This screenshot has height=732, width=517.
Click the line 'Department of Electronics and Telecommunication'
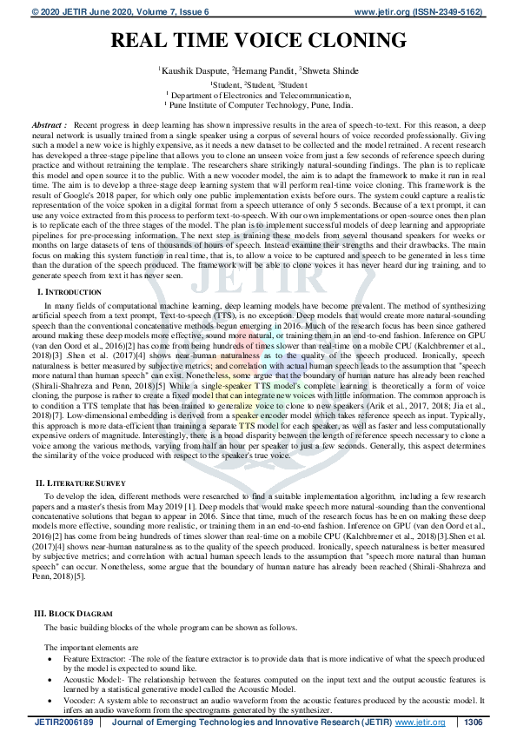coord(258,94)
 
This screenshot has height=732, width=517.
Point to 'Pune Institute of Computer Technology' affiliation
coord(261,103)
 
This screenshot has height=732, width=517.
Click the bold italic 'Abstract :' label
coord(49,126)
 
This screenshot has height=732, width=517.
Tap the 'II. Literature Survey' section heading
coord(81,482)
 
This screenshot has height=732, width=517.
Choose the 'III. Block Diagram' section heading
coord(74,613)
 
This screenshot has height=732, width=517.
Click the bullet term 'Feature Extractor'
coord(95,660)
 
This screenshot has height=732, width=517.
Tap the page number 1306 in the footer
coord(474,722)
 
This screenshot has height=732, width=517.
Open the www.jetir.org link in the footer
coord(421,722)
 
